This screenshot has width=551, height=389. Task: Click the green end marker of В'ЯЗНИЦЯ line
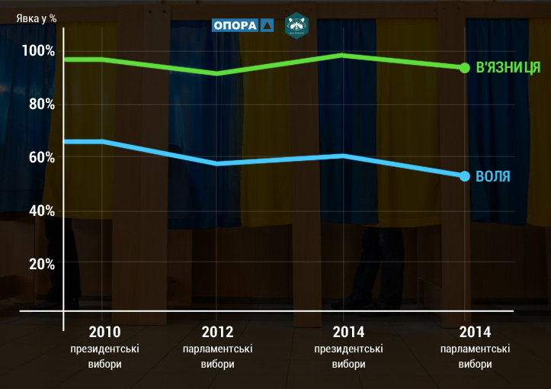pos(465,68)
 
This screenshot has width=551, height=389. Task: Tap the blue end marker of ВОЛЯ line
pos(465,176)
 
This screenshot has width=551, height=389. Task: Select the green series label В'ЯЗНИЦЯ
pos(508,68)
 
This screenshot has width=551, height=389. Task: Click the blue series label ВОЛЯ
pos(493,176)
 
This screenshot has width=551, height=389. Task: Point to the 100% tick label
pos(38,51)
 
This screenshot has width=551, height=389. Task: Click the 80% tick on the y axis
pos(41,104)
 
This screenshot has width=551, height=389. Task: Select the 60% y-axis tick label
pos(41,157)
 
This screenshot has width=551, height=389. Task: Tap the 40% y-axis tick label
pos(41,211)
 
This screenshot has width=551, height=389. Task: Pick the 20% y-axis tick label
pos(41,263)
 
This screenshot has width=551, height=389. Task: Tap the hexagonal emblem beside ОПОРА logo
pos(296,25)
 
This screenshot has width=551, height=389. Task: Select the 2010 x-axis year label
pos(104,333)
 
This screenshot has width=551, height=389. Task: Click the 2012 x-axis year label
pos(217,333)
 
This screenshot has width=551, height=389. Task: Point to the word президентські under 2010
pos(104,349)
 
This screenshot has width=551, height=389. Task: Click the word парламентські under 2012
pos(217,349)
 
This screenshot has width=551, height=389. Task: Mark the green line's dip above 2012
pos(217,73)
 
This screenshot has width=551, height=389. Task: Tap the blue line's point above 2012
pos(217,163)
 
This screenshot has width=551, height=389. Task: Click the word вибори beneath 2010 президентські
pos(104,364)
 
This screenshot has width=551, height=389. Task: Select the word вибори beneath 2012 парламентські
pos(217,364)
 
